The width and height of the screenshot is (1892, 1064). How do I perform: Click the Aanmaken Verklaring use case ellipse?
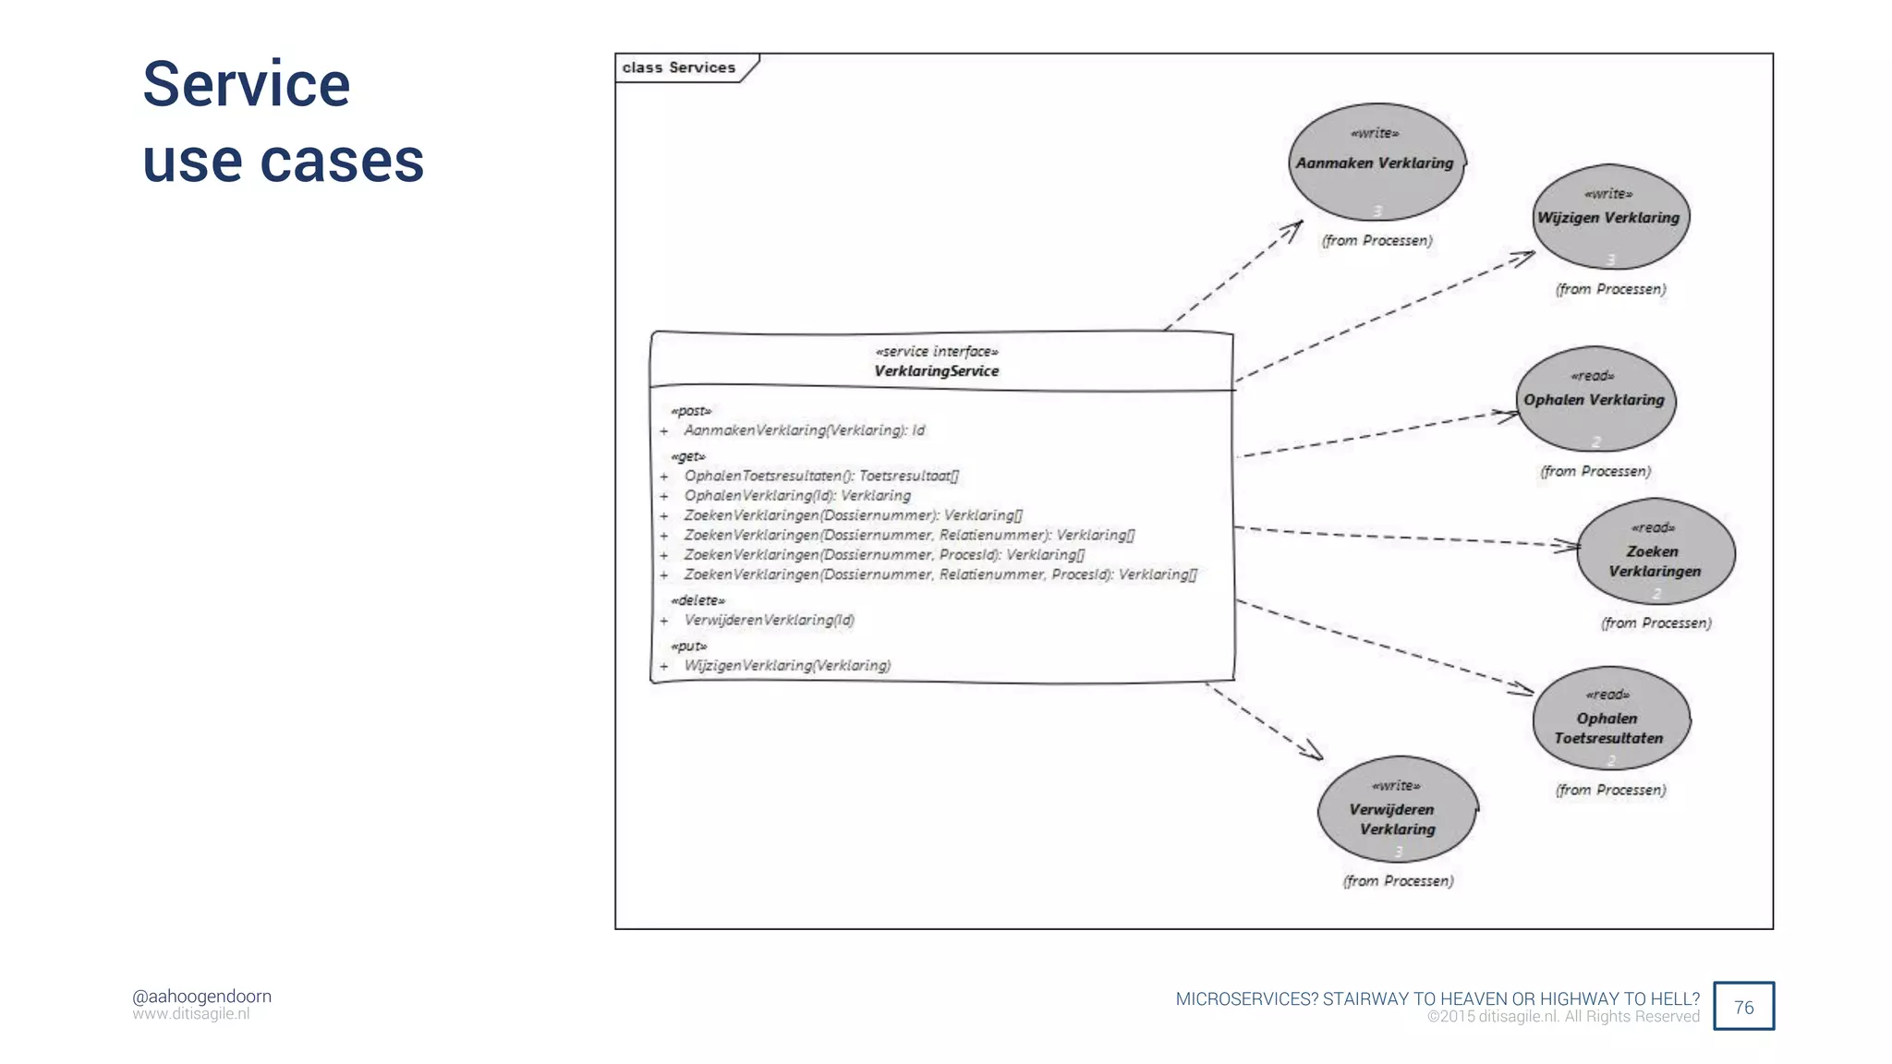coord(1376,163)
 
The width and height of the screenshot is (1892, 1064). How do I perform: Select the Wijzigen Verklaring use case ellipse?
coord(1610,218)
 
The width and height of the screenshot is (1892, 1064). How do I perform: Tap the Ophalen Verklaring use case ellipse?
coord(1595,400)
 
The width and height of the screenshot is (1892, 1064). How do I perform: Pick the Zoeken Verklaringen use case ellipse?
coord(1655,552)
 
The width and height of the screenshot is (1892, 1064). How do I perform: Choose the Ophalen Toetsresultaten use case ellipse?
coord(1610,719)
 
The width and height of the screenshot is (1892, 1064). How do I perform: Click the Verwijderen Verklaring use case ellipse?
coord(1397,810)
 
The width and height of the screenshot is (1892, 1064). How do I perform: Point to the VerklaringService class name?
coord(936,371)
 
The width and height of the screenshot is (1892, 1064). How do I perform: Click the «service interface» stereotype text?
coord(936,352)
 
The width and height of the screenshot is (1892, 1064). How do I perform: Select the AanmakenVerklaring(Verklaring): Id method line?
coord(804,430)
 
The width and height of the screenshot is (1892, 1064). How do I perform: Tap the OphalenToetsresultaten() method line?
coord(821,476)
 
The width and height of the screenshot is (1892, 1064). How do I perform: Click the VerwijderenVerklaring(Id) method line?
coord(769,620)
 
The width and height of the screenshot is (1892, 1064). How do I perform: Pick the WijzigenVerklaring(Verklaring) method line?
coord(787,666)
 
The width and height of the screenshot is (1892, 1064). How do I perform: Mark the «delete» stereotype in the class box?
coord(697,600)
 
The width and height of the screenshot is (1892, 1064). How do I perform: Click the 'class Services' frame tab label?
coord(679,67)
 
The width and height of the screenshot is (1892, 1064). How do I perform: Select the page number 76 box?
coord(1743,1007)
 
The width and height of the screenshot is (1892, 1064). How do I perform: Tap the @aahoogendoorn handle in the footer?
coord(201,997)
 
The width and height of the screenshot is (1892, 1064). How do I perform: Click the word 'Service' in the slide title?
coord(247,84)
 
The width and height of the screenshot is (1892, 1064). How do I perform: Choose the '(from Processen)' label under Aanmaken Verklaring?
coord(1377,241)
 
